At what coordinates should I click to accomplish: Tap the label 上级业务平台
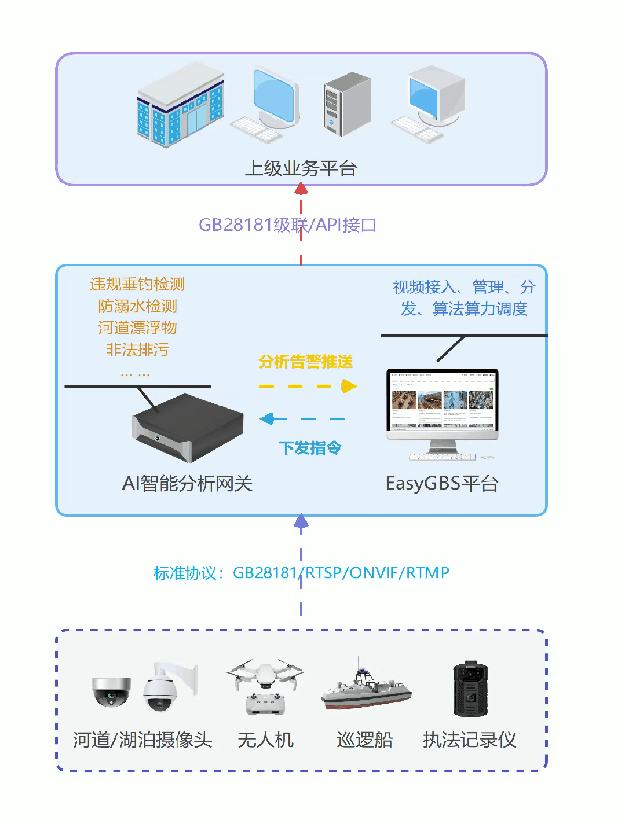(301, 168)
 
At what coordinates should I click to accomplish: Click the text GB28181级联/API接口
(287, 225)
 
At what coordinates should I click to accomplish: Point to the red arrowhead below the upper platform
(301, 189)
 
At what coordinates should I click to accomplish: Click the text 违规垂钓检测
(137, 284)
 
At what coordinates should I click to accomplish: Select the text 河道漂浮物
(137, 328)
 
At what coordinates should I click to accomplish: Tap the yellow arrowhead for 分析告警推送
(348, 386)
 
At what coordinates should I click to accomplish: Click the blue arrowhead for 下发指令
(266, 418)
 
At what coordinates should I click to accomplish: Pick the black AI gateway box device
(187, 428)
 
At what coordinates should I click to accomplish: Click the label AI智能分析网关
(187, 483)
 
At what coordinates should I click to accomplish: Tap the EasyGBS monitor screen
(442, 401)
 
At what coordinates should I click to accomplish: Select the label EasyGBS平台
(442, 483)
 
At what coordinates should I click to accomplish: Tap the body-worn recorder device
(469, 688)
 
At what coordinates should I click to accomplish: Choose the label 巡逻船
(364, 740)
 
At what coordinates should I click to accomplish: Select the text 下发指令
(310, 447)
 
